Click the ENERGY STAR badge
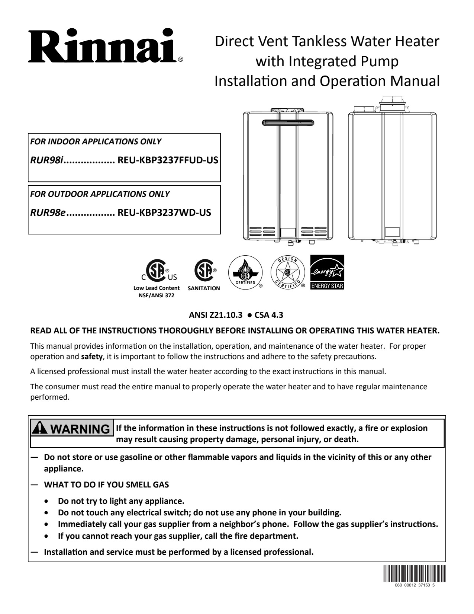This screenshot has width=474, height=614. coord(327,272)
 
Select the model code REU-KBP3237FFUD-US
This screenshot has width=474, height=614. coord(168,160)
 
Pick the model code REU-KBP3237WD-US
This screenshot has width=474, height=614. coord(164,213)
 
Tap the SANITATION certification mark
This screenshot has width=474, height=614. coord(204,276)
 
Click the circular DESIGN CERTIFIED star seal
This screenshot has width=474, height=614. coord(287,272)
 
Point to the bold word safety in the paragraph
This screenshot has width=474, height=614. coord(92,356)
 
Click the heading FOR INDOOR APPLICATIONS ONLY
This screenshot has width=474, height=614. coord(96,142)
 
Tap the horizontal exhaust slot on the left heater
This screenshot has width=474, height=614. coord(288,122)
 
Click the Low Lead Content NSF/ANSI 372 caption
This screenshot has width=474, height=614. coord(156,291)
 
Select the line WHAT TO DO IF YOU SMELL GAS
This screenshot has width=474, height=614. coord(106,485)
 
